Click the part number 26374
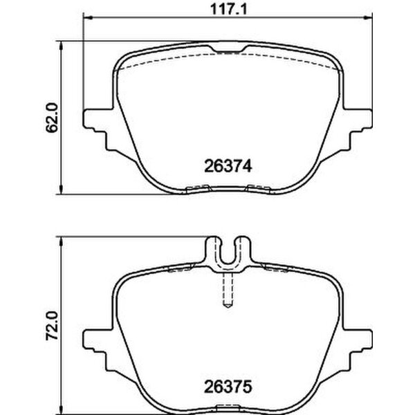pyautogui.click(x=226, y=166)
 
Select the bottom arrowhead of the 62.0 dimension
pyautogui.click(x=64, y=192)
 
